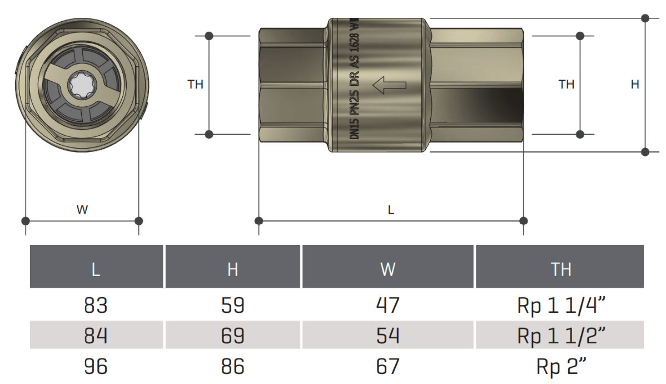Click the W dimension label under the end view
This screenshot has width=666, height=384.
(82, 210)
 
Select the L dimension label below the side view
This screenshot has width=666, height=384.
(391, 210)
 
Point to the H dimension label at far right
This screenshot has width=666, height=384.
(634, 85)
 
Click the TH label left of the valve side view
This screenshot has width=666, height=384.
(196, 85)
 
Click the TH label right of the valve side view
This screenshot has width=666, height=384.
(566, 85)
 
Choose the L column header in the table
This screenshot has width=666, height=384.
(96, 269)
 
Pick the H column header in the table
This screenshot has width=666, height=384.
(232, 269)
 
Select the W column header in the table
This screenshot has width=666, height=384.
(387, 269)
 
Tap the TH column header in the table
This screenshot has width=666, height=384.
(560, 269)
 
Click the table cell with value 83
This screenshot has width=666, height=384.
(96, 306)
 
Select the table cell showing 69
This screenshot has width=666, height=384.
(232, 336)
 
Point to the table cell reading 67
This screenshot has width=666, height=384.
(387, 366)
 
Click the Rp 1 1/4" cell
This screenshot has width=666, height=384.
(560, 306)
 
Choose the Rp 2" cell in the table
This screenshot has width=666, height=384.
(560, 366)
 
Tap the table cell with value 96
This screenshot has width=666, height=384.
(96, 366)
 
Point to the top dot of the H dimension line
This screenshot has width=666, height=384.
(645, 18)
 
